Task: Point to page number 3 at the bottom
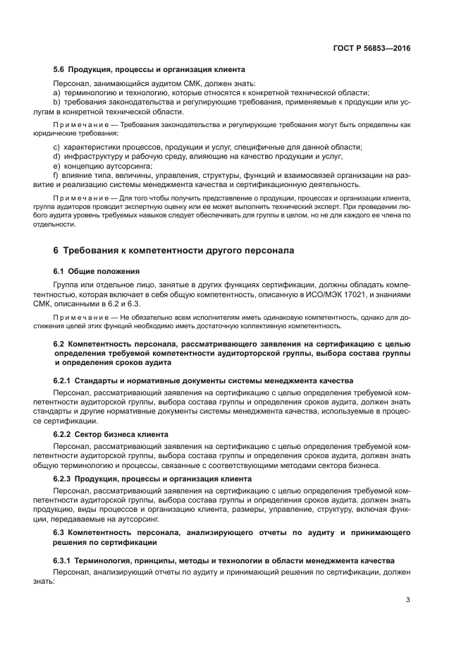coord(408,600)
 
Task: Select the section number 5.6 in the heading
coord(60,70)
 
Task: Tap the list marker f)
coord(56,174)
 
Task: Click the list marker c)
coord(56,146)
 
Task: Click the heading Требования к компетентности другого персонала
coord(172,251)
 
